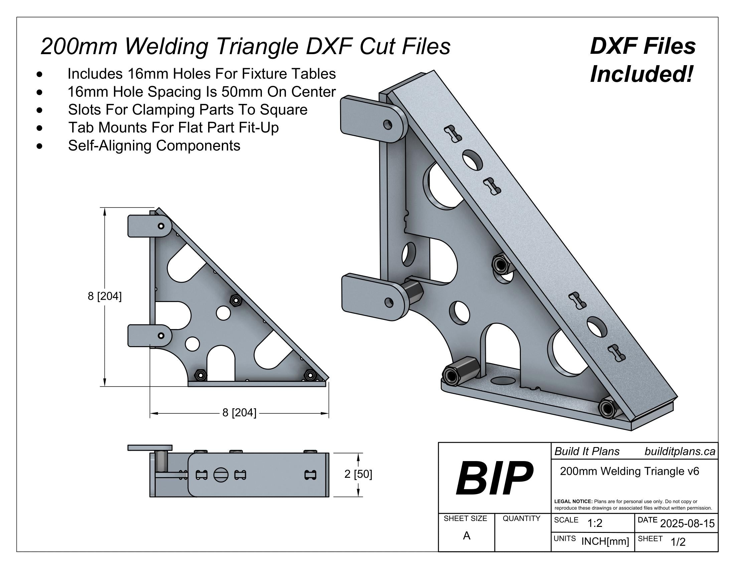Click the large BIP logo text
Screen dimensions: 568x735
pyautogui.click(x=494, y=478)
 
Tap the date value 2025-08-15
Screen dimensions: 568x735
pyautogui.click(x=687, y=524)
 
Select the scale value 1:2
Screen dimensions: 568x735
pyautogui.click(x=595, y=523)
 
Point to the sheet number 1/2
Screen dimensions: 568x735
pyautogui.click(x=678, y=542)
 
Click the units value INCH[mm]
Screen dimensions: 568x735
pyautogui.click(x=605, y=541)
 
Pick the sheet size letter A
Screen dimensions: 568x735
pyautogui.click(x=466, y=536)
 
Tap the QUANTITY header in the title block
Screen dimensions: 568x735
pyautogui.click(x=521, y=519)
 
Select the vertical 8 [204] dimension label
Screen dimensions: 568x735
pyautogui.click(x=105, y=296)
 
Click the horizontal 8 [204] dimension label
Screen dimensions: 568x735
pyautogui.click(x=239, y=413)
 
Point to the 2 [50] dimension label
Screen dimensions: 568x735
pyautogui.click(x=358, y=474)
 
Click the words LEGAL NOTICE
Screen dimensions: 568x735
pyautogui.click(x=573, y=502)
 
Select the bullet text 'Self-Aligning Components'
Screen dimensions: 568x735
pyautogui.click(x=154, y=146)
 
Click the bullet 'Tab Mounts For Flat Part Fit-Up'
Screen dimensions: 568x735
pyautogui.click(x=173, y=128)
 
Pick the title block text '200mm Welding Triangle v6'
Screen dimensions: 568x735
pyautogui.click(x=629, y=471)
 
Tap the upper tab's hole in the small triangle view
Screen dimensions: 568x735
pyautogui.click(x=161, y=226)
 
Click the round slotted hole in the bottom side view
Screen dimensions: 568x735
pyautogui.click(x=221, y=475)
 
